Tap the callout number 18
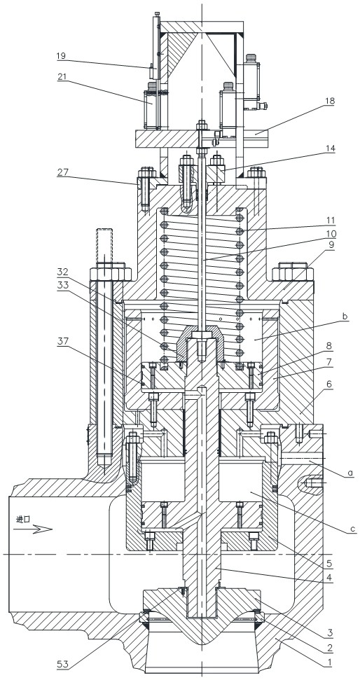click(330, 101)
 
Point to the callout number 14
click(330, 148)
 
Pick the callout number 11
click(330, 221)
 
